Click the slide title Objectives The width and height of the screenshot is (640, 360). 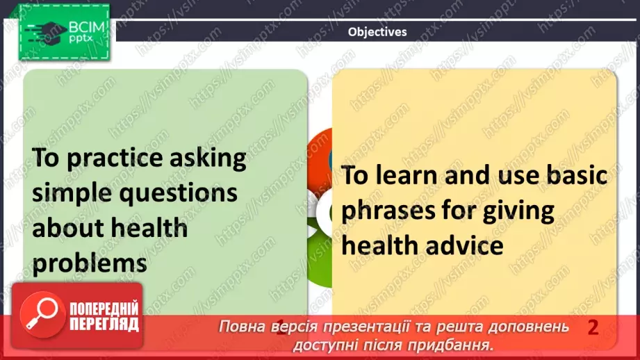[377, 31]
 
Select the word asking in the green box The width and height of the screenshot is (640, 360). [209, 159]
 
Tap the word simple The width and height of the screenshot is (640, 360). [72, 193]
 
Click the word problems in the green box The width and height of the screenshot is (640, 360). [90, 263]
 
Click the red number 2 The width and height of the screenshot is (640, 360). [593, 327]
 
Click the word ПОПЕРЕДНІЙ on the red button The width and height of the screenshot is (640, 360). [104, 309]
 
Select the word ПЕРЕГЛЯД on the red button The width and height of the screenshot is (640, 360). [104, 324]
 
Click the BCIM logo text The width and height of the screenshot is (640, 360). [85, 28]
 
